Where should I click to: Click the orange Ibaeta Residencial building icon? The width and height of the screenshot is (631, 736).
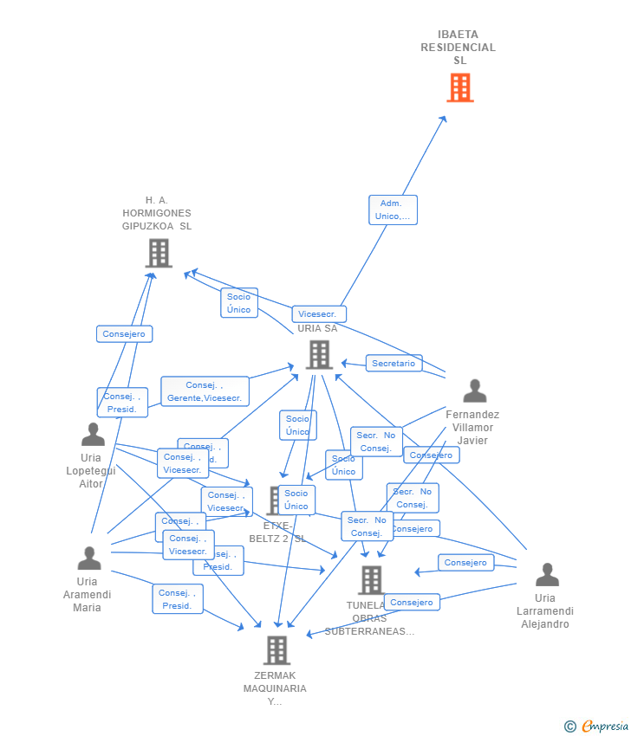coord(459,87)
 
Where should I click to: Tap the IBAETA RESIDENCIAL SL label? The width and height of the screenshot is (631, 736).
coord(459,48)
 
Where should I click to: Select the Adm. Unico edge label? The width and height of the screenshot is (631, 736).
coord(393,210)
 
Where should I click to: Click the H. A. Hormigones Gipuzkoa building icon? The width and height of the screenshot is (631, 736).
coord(159,253)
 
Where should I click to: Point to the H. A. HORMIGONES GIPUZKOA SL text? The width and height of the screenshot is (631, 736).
coord(157,213)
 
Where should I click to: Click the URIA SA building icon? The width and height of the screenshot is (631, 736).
coord(319,354)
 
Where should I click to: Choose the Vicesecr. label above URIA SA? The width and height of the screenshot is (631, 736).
coord(319,314)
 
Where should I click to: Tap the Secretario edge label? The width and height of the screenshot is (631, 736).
coord(394,364)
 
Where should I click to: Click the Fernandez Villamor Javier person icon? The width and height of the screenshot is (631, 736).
coord(474,391)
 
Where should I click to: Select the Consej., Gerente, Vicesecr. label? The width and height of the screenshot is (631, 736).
coord(205,391)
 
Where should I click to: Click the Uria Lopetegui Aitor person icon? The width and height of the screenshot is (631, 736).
coord(93,434)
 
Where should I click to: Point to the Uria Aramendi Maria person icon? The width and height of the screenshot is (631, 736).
coord(88,558)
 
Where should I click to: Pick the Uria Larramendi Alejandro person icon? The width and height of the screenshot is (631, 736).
coord(547,575)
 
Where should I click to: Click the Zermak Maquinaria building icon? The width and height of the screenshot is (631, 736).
coord(276,649)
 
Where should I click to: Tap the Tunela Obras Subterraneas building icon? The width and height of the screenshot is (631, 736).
coord(371,579)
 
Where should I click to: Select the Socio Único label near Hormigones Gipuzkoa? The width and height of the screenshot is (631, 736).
coord(238,303)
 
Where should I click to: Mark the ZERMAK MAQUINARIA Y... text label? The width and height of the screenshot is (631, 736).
coord(275,688)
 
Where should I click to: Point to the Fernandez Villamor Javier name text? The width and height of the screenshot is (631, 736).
coord(472,427)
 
